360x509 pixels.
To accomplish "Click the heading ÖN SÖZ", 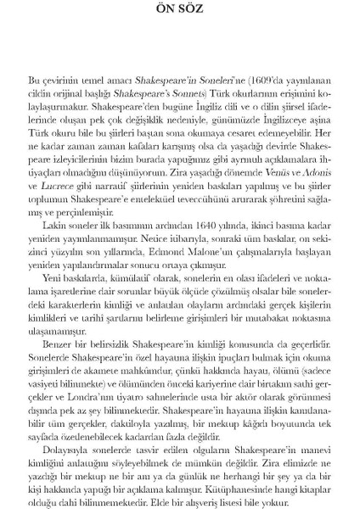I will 179,10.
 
